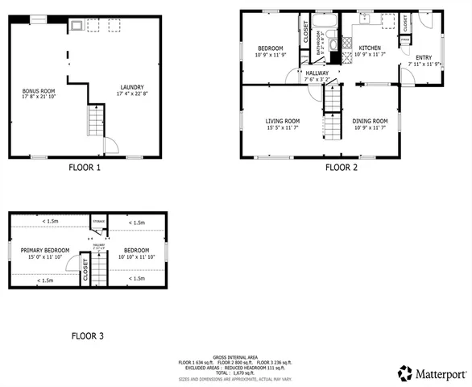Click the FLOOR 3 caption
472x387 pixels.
(87, 335)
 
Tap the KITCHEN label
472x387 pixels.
(370, 48)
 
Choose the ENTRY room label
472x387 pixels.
(423, 57)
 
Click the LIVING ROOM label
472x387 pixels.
(283, 121)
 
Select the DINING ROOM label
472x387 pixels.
(370, 121)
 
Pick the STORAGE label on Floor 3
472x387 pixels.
(99, 220)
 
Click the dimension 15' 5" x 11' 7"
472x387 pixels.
(283, 127)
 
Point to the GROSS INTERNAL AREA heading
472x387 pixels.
(235, 356)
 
